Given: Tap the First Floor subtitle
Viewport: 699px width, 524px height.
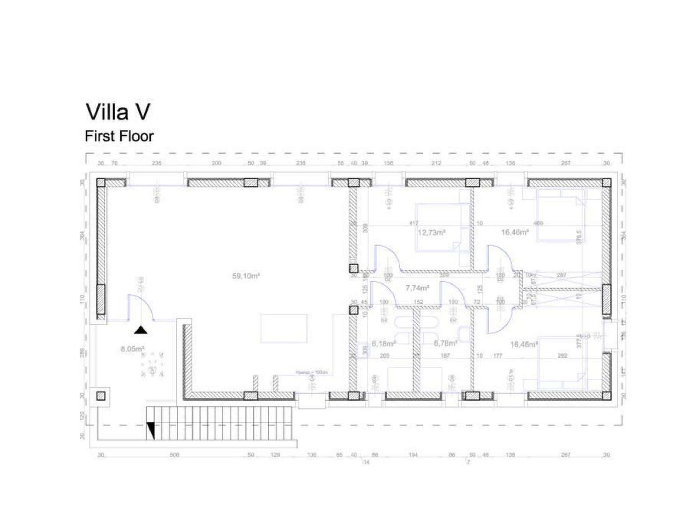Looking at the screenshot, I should click(119, 136).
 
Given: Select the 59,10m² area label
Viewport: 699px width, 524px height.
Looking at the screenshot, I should click(246, 276).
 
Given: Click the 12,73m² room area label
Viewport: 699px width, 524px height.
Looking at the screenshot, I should click(432, 233).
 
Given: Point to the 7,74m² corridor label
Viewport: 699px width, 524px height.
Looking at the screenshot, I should click(417, 288).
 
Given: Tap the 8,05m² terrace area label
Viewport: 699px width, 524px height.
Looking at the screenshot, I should click(132, 349).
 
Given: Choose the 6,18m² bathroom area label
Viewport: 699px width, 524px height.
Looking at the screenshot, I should click(384, 343).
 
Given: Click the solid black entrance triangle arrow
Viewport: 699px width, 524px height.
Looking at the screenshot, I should click(141, 330).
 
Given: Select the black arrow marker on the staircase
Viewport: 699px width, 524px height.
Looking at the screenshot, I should click(151, 431).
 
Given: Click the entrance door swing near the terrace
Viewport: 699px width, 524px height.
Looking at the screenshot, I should click(140, 307).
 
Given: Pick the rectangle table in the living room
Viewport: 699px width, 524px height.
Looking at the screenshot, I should click(284, 328).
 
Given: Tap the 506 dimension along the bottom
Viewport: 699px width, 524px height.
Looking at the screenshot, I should click(174, 455).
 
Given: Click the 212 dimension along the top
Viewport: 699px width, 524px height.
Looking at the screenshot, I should click(436, 163).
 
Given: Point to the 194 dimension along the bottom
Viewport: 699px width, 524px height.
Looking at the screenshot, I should click(413, 455).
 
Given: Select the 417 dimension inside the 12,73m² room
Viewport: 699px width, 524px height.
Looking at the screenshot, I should click(414, 224).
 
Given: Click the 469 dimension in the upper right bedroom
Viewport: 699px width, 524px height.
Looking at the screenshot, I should click(538, 224).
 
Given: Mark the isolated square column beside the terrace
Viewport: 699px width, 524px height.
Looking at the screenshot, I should click(100, 396).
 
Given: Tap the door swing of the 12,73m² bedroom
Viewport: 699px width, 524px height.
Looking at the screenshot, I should click(387, 258).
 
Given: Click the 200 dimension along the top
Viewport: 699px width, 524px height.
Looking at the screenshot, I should click(216, 163).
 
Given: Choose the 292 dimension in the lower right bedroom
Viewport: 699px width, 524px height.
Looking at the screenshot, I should click(562, 355).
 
